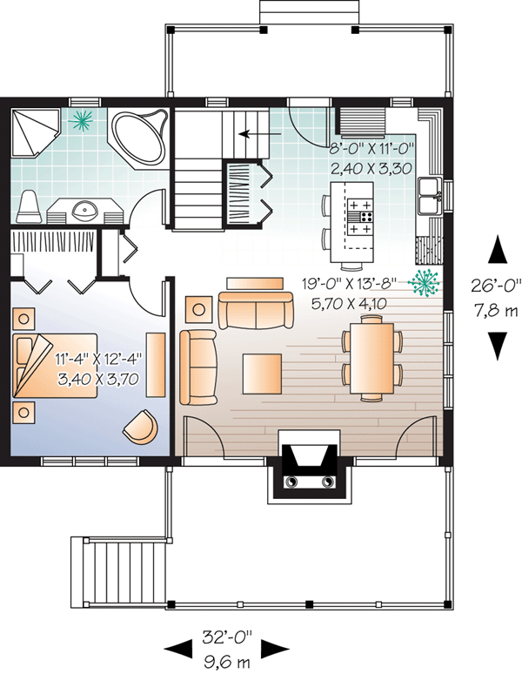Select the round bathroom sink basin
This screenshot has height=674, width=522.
click(x=86, y=209)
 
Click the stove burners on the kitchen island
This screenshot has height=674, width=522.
click(x=362, y=216)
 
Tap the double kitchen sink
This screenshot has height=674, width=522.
click(x=429, y=196)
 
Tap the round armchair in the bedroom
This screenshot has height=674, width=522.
click(x=140, y=426)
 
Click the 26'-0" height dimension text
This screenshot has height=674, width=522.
click(x=496, y=283)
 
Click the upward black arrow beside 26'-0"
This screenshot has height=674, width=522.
click(x=496, y=248)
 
